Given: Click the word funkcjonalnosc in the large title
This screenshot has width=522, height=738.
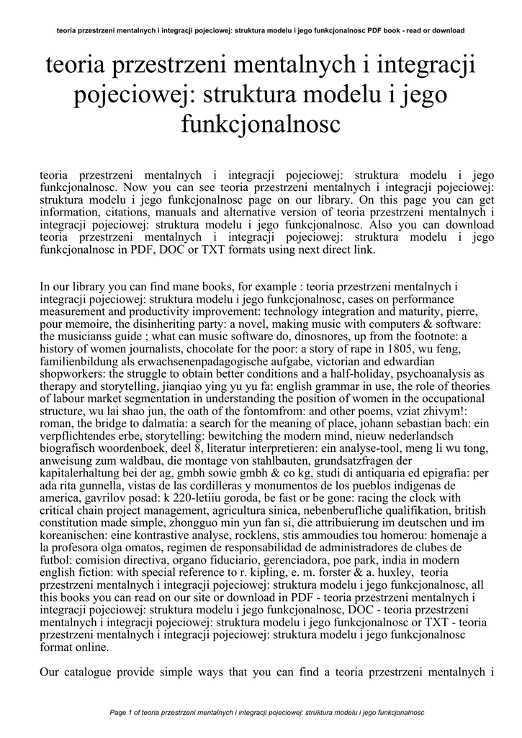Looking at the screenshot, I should [261, 124].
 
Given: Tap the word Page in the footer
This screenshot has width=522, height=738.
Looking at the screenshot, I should [117, 712].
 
